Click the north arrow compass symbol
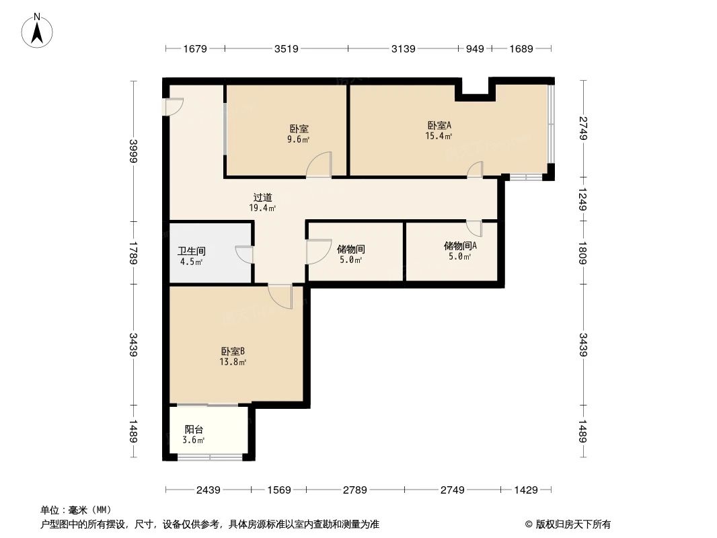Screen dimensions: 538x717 click(x=38, y=30)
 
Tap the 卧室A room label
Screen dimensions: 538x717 click(x=439, y=125)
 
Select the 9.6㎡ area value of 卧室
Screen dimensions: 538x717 click(x=300, y=140)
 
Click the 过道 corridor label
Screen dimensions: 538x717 click(x=262, y=198)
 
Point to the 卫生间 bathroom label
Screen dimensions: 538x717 click(x=191, y=251)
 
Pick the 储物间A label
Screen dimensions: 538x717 click(x=460, y=245)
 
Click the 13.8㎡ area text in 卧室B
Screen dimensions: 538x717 click(x=232, y=362)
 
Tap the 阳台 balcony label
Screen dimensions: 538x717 click(x=194, y=429)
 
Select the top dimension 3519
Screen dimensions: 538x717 click(x=286, y=48)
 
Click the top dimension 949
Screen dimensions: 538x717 click(x=474, y=48)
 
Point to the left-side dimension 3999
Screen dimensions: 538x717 click(x=134, y=151)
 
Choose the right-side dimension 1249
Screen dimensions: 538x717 click(x=582, y=199)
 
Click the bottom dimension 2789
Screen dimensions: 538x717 click(x=354, y=490)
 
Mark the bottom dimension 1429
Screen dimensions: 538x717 click(x=526, y=490)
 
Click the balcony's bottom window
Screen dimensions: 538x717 click(x=209, y=458)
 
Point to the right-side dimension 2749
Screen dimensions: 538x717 click(x=582, y=128)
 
